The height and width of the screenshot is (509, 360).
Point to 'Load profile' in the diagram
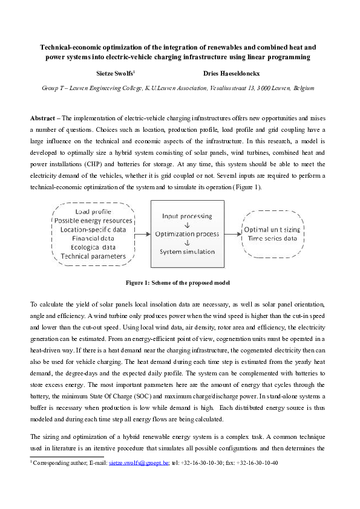(x=93, y=212)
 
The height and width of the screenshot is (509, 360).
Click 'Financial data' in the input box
(x=93, y=239)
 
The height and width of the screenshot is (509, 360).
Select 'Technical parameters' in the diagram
(x=93, y=256)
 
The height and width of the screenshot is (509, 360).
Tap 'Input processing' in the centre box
(x=186, y=216)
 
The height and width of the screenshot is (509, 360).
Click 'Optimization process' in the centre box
(x=186, y=233)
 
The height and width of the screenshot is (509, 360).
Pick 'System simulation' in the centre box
(x=186, y=251)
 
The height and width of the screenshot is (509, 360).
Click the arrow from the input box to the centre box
(x=142, y=233)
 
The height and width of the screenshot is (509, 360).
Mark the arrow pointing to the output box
(x=231, y=233)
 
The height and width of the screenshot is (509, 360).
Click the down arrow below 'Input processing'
(x=186, y=224)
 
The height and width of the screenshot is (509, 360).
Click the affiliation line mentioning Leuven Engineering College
(x=178, y=88)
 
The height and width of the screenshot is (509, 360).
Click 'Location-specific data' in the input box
(x=93, y=230)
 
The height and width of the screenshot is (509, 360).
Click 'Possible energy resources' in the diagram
(x=93, y=221)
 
